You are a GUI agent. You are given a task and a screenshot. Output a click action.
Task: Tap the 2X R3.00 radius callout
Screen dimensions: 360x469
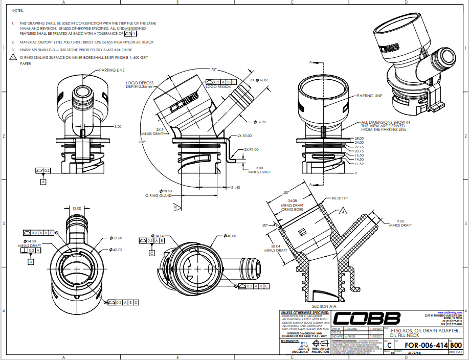(x=244, y=136)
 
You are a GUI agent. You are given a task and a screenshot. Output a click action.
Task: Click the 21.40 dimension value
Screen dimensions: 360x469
(x=235, y=188)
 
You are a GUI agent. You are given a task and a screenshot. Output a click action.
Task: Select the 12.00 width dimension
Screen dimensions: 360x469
(x=76, y=208)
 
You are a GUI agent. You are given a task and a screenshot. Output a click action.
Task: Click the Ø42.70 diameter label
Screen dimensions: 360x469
(x=117, y=250)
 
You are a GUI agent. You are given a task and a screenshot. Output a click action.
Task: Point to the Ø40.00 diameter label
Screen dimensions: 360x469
(x=230, y=236)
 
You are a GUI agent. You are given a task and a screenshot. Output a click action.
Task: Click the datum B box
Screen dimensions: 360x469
(x=31, y=261)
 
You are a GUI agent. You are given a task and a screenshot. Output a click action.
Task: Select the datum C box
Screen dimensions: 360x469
(x=152, y=253)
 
